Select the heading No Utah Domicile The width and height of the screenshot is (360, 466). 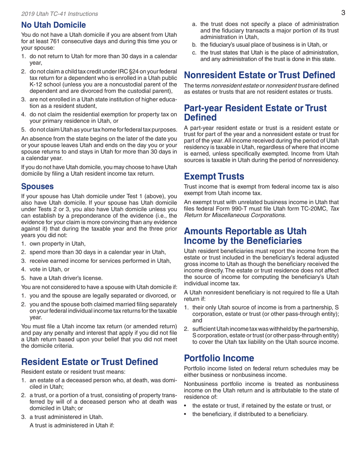pos(51,26)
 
